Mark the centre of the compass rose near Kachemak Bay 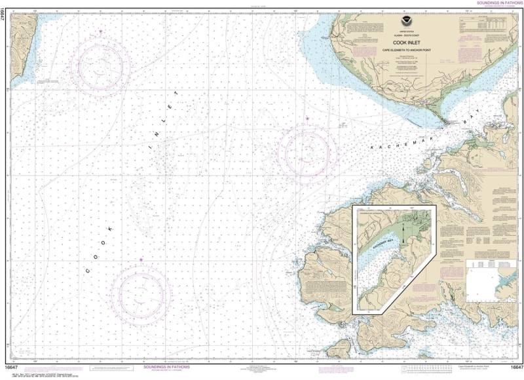(307, 151)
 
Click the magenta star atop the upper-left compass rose (101, 31)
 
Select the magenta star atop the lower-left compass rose (140, 259)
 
